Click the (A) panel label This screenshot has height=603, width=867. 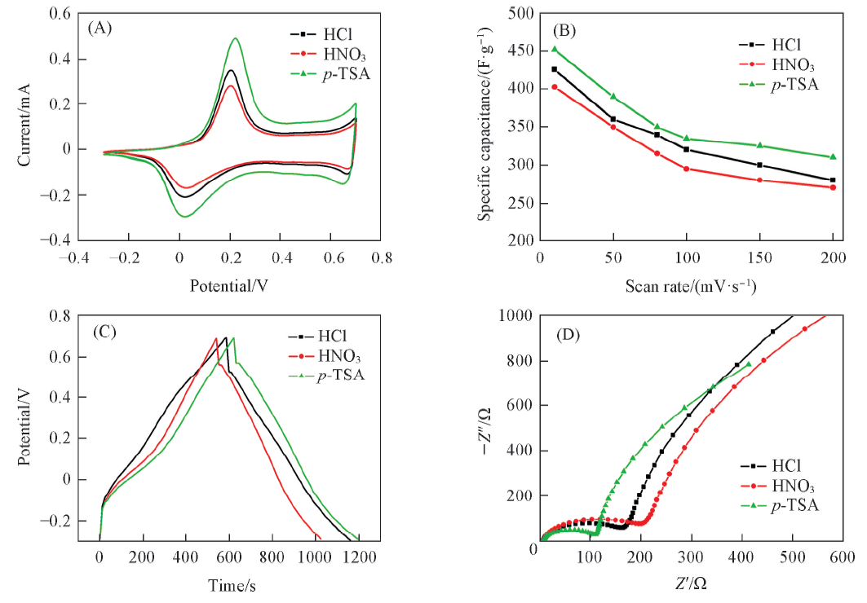coord(99,27)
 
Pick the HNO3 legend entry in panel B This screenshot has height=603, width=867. coord(778,65)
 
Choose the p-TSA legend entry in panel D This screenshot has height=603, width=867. coord(783,505)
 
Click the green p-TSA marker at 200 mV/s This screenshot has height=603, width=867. coord(833,156)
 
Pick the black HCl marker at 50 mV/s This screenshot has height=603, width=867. coord(613,119)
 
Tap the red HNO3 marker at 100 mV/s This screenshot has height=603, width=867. coord(687,169)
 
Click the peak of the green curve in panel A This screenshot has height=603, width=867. coord(236,38)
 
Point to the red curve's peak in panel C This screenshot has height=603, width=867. coord(216,338)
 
